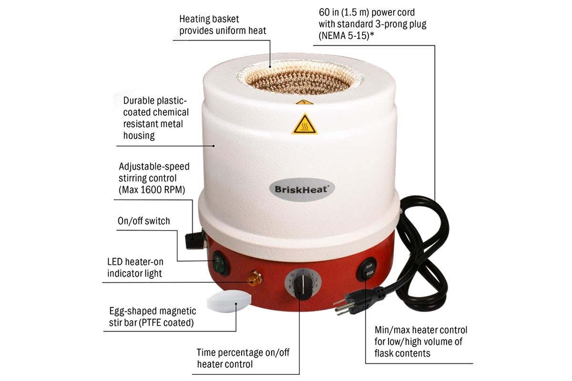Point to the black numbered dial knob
[301, 285]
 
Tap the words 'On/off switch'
[143, 221]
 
